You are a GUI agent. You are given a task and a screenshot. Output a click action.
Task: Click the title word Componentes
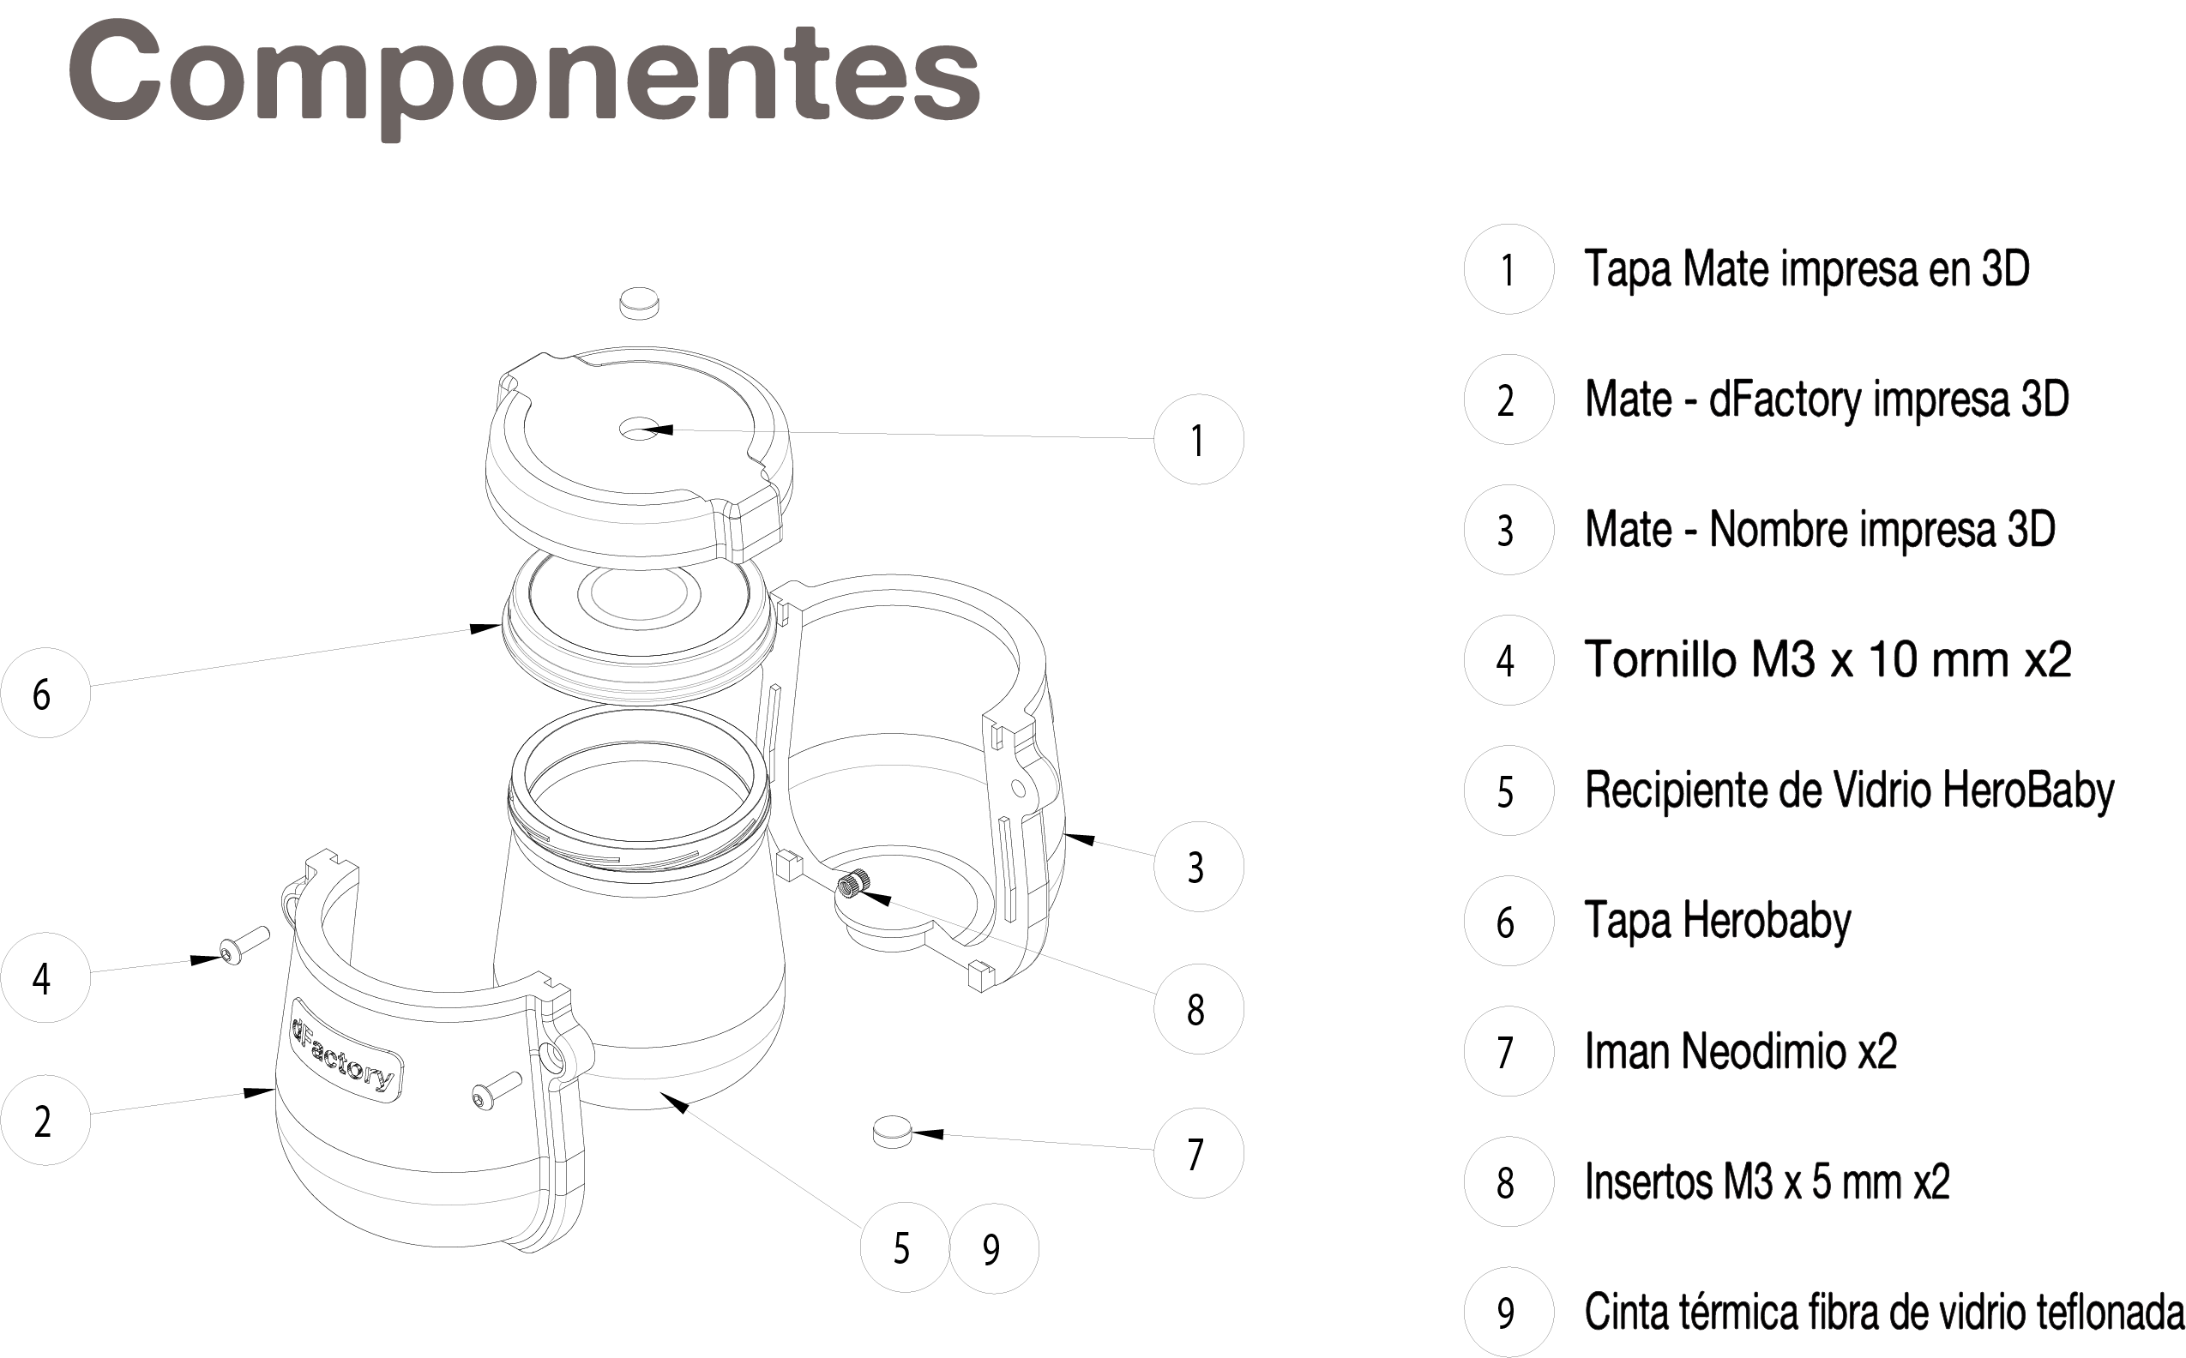(x=524, y=77)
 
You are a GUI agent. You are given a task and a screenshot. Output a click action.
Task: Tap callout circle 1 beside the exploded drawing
(x=1199, y=439)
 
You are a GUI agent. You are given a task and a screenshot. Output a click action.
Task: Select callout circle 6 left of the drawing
(x=45, y=694)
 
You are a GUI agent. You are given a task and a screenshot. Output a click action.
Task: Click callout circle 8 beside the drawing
(x=1199, y=1008)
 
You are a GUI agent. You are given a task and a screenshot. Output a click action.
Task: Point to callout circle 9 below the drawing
(x=994, y=1247)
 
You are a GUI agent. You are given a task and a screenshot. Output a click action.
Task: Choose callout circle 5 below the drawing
(x=905, y=1247)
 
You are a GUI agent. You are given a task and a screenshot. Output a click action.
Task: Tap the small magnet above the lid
(x=639, y=303)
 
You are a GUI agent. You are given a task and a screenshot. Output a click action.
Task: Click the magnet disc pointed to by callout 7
(x=892, y=1132)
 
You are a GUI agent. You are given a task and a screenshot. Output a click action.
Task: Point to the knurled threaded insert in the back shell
(x=852, y=885)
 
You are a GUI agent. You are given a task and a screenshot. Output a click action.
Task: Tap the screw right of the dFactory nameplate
(x=496, y=1091)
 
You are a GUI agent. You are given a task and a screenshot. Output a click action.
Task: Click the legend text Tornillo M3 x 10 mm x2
(x=1828, y=660)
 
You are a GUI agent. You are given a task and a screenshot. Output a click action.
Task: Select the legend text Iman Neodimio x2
(x=1740, y=1051)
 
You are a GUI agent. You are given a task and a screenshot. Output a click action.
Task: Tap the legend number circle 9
(x=1509, y=1313)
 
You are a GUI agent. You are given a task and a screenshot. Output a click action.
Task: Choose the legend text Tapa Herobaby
(x=1717, y=922)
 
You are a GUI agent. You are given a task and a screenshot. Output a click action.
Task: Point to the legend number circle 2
(x=1509, y=400)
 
